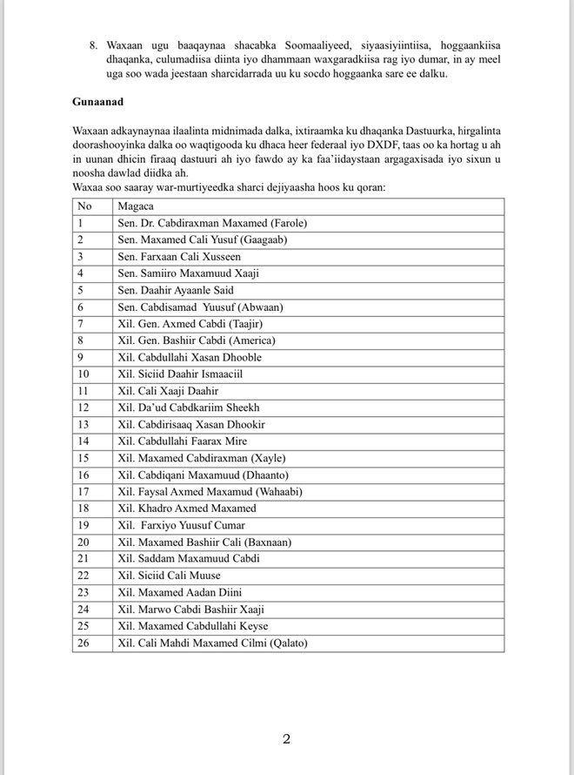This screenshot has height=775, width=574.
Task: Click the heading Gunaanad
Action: (98, 102)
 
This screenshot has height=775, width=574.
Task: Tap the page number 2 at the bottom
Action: (286, 739)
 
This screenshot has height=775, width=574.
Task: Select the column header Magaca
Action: (134, 206)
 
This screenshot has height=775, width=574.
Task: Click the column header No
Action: (84, 206)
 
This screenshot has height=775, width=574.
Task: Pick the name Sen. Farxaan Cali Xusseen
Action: (179, 257)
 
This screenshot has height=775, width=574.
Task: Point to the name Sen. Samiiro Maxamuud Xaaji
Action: (188, 273)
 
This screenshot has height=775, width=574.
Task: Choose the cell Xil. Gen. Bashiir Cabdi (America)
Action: (196, 340)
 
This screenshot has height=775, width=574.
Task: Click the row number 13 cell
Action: (83, 424)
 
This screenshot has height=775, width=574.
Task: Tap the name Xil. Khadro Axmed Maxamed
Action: (187, 508)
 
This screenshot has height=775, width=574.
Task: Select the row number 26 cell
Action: (83, 644)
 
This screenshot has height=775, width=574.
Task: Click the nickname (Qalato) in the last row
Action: (284, 644)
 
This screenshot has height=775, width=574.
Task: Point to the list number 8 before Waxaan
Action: (93, 44)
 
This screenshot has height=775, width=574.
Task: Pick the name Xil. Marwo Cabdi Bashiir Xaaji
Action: (190, 610)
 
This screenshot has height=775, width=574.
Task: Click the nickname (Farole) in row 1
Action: (286, 223)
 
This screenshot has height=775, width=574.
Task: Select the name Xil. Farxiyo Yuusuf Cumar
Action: (182, 525)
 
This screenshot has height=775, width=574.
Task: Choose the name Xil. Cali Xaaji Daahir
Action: (168, 391)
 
